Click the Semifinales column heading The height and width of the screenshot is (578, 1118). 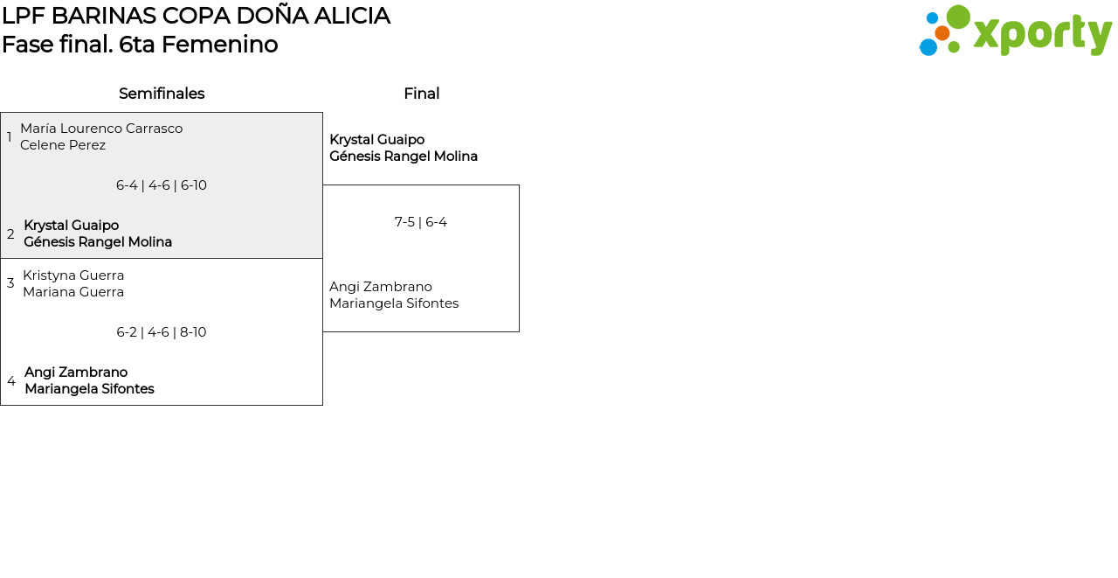162,94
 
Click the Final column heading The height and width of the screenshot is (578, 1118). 422,94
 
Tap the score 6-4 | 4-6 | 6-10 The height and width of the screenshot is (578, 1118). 162,185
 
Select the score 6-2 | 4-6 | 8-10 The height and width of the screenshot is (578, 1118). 162,332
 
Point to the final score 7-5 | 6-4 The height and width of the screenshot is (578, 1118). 421,222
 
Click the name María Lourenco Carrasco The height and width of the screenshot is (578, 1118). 101,129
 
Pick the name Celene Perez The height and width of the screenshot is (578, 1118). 63,145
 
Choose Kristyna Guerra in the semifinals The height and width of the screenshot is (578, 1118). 73,275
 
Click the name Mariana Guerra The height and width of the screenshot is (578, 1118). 73,292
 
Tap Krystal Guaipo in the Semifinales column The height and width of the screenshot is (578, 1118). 72,226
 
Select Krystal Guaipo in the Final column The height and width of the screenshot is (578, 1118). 376,139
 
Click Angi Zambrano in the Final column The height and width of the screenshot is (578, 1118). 381,287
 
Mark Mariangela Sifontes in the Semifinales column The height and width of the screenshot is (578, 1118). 89,388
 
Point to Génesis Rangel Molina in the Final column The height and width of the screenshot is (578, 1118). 404,157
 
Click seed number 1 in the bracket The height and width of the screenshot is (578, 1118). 9,136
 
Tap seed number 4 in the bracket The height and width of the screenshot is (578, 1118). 11,381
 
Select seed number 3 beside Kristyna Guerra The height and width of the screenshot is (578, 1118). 10,283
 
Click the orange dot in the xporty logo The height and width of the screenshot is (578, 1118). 942,33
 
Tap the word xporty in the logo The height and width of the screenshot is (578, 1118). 1042,34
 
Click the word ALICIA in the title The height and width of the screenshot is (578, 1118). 352,16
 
